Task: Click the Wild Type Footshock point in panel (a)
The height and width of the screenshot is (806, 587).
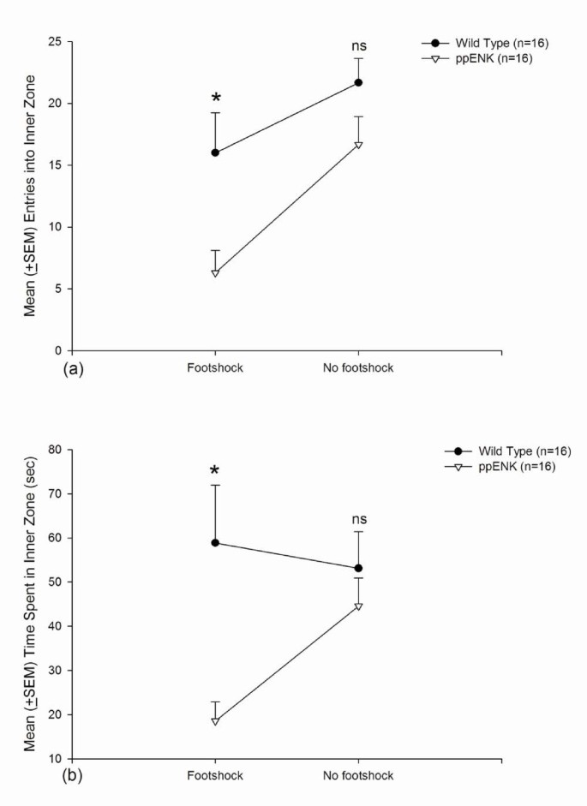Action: coord(215,152)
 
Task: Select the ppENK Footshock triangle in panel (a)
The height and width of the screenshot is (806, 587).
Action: coord(215,272)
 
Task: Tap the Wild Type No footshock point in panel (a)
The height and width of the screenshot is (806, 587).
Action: coord(358,82)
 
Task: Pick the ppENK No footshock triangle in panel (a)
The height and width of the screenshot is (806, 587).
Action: coord(358,145)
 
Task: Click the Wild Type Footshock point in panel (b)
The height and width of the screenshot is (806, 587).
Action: coord(215,542)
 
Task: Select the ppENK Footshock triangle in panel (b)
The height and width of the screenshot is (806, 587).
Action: coord(215,721)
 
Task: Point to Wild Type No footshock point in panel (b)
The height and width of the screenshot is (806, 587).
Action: coord(358,568)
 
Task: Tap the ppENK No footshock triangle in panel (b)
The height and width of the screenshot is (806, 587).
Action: coord(358,606)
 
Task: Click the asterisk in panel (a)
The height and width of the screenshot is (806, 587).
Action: coord(215,100)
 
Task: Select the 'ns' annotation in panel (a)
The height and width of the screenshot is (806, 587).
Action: coord(358,47)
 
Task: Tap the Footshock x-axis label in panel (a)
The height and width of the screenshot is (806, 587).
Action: coord(215,368)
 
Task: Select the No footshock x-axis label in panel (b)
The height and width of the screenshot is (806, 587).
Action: coord(358,776)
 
